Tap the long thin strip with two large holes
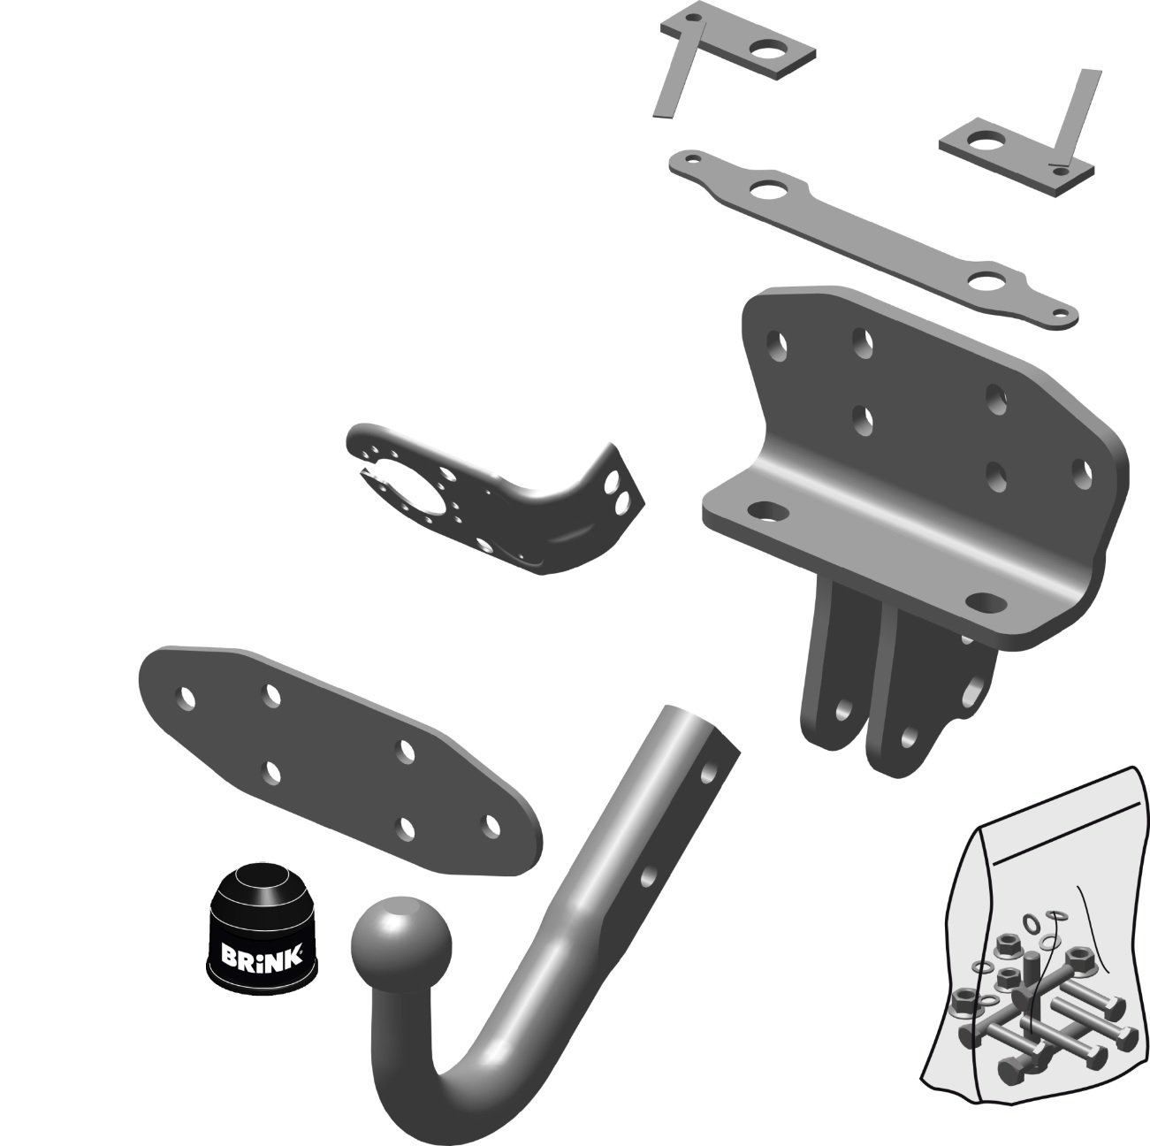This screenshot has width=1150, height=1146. (872, 238)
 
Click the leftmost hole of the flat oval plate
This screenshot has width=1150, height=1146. (187, 698)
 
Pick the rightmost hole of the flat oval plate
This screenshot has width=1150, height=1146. (491, 825)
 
